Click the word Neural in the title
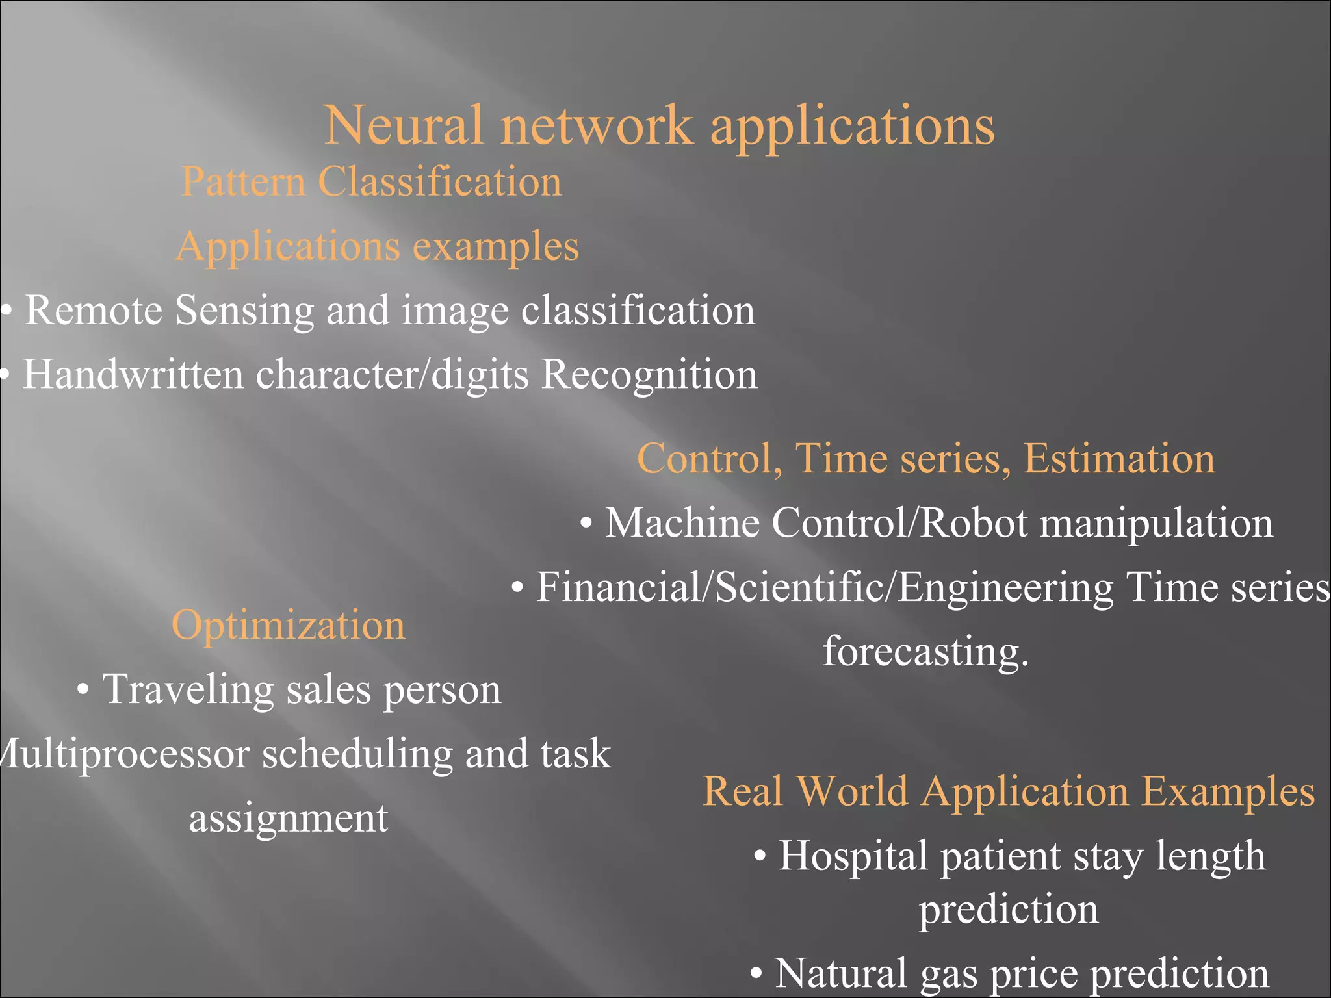(403, 125)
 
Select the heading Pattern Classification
(371, 181)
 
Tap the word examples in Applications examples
(495, 247)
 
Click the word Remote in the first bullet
(93, 310)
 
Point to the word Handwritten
(133, 375)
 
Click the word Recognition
(649, 375)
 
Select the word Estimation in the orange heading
(1118, 459)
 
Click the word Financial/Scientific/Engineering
(824, 587)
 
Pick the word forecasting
(925, 651)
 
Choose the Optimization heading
(288, 625)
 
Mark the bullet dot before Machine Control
(586, 524)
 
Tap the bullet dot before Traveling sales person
(83, 690)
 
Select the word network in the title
(596, 125)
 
